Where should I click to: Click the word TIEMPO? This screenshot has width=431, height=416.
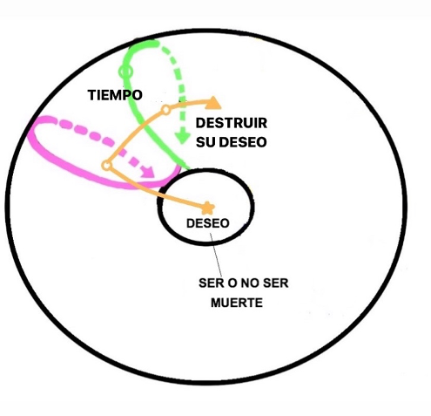(115, 95)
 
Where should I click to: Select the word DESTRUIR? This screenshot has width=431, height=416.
(232, 123)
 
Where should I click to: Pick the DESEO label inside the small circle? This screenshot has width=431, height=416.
(208, 223)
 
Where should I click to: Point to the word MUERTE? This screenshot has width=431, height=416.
(237, 303)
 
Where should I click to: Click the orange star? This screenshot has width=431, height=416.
(208, 208)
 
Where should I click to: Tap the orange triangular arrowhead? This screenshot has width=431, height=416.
(213, 103)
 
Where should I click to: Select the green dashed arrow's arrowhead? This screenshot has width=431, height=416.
(182, 138)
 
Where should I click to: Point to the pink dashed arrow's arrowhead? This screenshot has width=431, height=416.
(148, 171)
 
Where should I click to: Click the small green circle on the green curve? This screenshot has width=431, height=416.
(125, 71)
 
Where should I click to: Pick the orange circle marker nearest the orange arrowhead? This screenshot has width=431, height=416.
(165, 110)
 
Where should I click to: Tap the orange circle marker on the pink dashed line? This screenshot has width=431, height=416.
(106, 166)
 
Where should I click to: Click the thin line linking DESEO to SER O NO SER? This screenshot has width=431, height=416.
(216, 255)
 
